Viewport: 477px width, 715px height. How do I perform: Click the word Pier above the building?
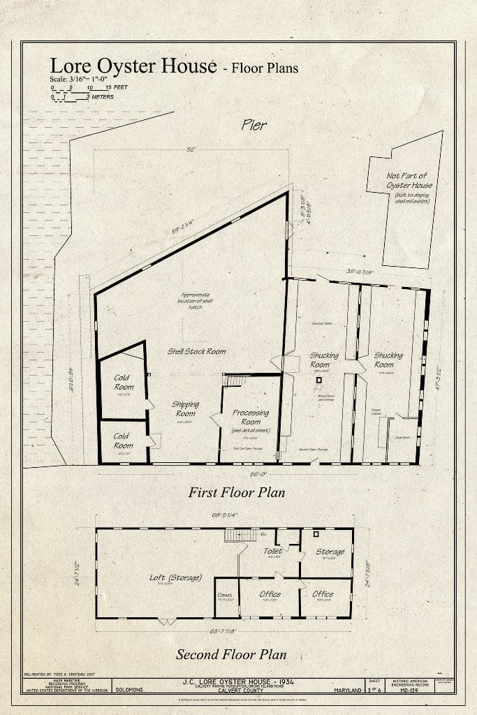click(254, 126)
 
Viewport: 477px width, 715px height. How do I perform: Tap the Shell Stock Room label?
click(196, 351)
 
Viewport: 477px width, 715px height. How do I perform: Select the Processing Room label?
click(251, 417)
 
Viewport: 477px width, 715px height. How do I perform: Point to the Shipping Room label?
click(185, 408)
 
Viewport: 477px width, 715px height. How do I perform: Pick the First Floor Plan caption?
click(237, 492)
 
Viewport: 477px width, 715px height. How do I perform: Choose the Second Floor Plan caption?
click(231, 654)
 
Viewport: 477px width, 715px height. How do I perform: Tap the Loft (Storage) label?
click(175, 577)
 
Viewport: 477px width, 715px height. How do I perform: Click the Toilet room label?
click(272, 552)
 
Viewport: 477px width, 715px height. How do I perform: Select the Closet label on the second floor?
click(225, 596)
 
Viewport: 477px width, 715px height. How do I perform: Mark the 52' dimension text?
click(191, 149)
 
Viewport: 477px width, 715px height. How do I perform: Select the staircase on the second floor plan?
click(233, 536)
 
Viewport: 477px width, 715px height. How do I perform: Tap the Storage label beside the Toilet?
click(330, 552)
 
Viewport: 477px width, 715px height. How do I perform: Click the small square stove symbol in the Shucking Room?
click(318, 381)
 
